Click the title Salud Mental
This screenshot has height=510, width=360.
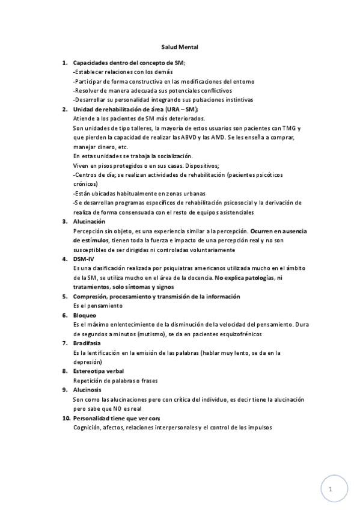click(180, 46)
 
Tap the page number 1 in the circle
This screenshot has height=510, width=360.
click(331, 490)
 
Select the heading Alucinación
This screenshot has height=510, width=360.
click(88, 221)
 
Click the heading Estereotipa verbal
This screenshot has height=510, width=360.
click(98, 371)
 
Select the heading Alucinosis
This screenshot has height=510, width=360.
click(87, 390)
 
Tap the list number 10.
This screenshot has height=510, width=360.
click(66, 418)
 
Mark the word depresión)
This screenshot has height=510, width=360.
click(88, 362)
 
